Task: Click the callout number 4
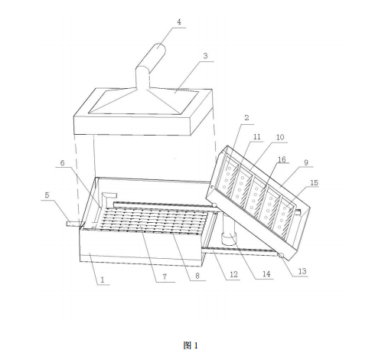179,22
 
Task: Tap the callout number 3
205,56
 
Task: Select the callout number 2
246,118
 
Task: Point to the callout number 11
256,137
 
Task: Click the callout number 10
280,137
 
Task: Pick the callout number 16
282,159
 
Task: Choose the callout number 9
306,162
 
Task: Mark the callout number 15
314,183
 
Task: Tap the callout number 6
62,163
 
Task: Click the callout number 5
47,195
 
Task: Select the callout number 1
103,280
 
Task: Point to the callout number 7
165,277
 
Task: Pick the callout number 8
197,276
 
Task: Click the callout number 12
233,275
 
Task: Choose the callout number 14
266,274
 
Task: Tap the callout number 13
302,271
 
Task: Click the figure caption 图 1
191,345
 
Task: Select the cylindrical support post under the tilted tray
228,230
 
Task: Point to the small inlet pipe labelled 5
74,224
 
